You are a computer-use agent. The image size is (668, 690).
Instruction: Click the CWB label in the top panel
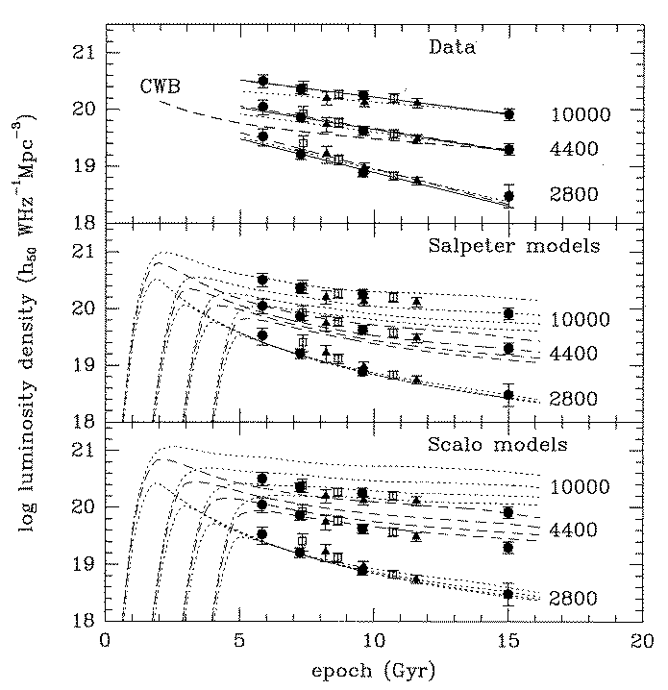[x=158, y=86]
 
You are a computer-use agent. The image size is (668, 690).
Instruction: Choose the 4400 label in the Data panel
[x=576, y=150]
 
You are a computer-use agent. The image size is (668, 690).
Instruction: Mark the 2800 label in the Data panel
[x=576, y=195]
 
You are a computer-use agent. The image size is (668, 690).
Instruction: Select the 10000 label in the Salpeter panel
[x=581, y=319]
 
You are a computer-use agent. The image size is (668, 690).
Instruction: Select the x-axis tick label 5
[x=238, y=639]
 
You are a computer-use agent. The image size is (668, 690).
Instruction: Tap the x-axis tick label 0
[x=104, y=639]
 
